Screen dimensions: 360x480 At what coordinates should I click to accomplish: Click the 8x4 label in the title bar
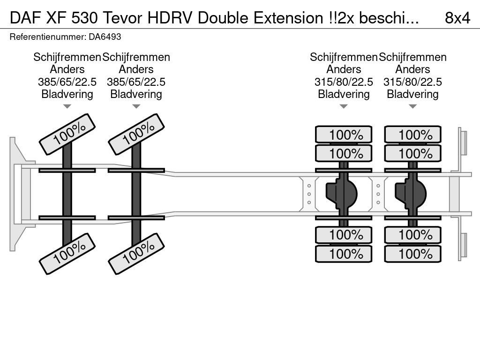pos(457,18)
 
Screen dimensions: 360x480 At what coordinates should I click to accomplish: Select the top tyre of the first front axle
pos(67,134)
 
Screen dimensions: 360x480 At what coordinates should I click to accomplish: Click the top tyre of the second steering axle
pos(136,134)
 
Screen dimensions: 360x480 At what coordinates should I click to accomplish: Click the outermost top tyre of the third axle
pos(344,135)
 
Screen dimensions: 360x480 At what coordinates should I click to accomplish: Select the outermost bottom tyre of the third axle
pos(344,254)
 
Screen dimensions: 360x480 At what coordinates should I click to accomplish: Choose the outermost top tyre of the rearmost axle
pos(412,135)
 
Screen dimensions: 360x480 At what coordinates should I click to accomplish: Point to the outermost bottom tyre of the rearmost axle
pos(412,254)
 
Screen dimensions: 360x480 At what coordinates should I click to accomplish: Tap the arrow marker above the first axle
pos(67,106)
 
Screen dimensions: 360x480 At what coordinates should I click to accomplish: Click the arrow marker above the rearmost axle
pos(412,106)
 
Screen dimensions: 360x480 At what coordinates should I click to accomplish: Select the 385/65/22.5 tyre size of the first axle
pos(67,82)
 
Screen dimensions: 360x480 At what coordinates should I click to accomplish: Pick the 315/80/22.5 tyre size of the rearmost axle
pos(412,82)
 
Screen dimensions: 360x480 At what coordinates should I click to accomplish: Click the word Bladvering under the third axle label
pos(344,94)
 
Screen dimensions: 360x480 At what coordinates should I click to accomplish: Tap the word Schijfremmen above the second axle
pos(136,57)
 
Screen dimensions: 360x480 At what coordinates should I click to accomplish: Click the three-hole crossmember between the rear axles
pos(378,194)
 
